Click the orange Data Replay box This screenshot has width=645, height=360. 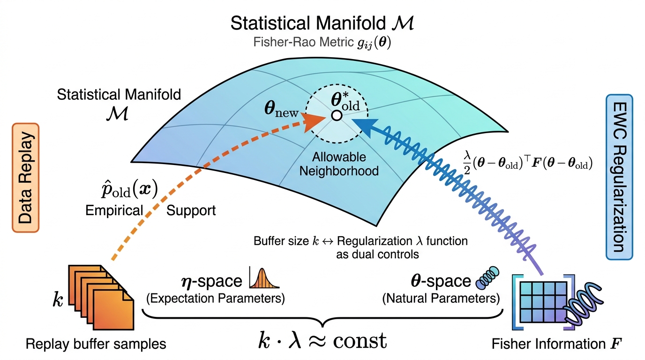pyautogui.click(x=25, y=178)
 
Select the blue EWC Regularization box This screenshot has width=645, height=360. pyautogui.click(x=619, y=177)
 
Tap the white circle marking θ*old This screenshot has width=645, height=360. pyautogui.click(x=336, y=115)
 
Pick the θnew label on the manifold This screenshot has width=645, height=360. pyautogui.click(x=281, y=109)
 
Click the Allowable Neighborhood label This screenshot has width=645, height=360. pyautogui.click(x=339, y=164)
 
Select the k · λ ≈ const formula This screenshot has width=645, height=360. pyautogui.click(x=322, y=341)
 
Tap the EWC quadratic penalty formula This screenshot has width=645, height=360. pyautogui.click(x=528, y=163)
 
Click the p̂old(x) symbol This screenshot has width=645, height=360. pyautogui.click(x=129, y=189)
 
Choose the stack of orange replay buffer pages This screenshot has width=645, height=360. pyautogui.click(x=101, y=298)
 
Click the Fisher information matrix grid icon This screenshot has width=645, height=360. pyautogui.click(x=543, y=302)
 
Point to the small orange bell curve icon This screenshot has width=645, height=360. pyautogui.click(x=264, y=278)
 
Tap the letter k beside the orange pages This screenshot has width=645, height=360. pyautogui.click(x=58, y=300)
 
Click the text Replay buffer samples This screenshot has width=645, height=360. pyautogui.click(x=96, y=344)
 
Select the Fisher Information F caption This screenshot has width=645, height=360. pyautogui.click(x=556, y=344)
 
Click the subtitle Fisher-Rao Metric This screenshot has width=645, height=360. pyautogui.click(x=303, y=42)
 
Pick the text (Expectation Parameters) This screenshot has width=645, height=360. pyautogui.click(x=215, y=298)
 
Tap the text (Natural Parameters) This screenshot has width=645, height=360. pyautogui.click(x=441, y=298)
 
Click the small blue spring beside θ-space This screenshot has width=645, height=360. pyautogui.click(x=487, y=278)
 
